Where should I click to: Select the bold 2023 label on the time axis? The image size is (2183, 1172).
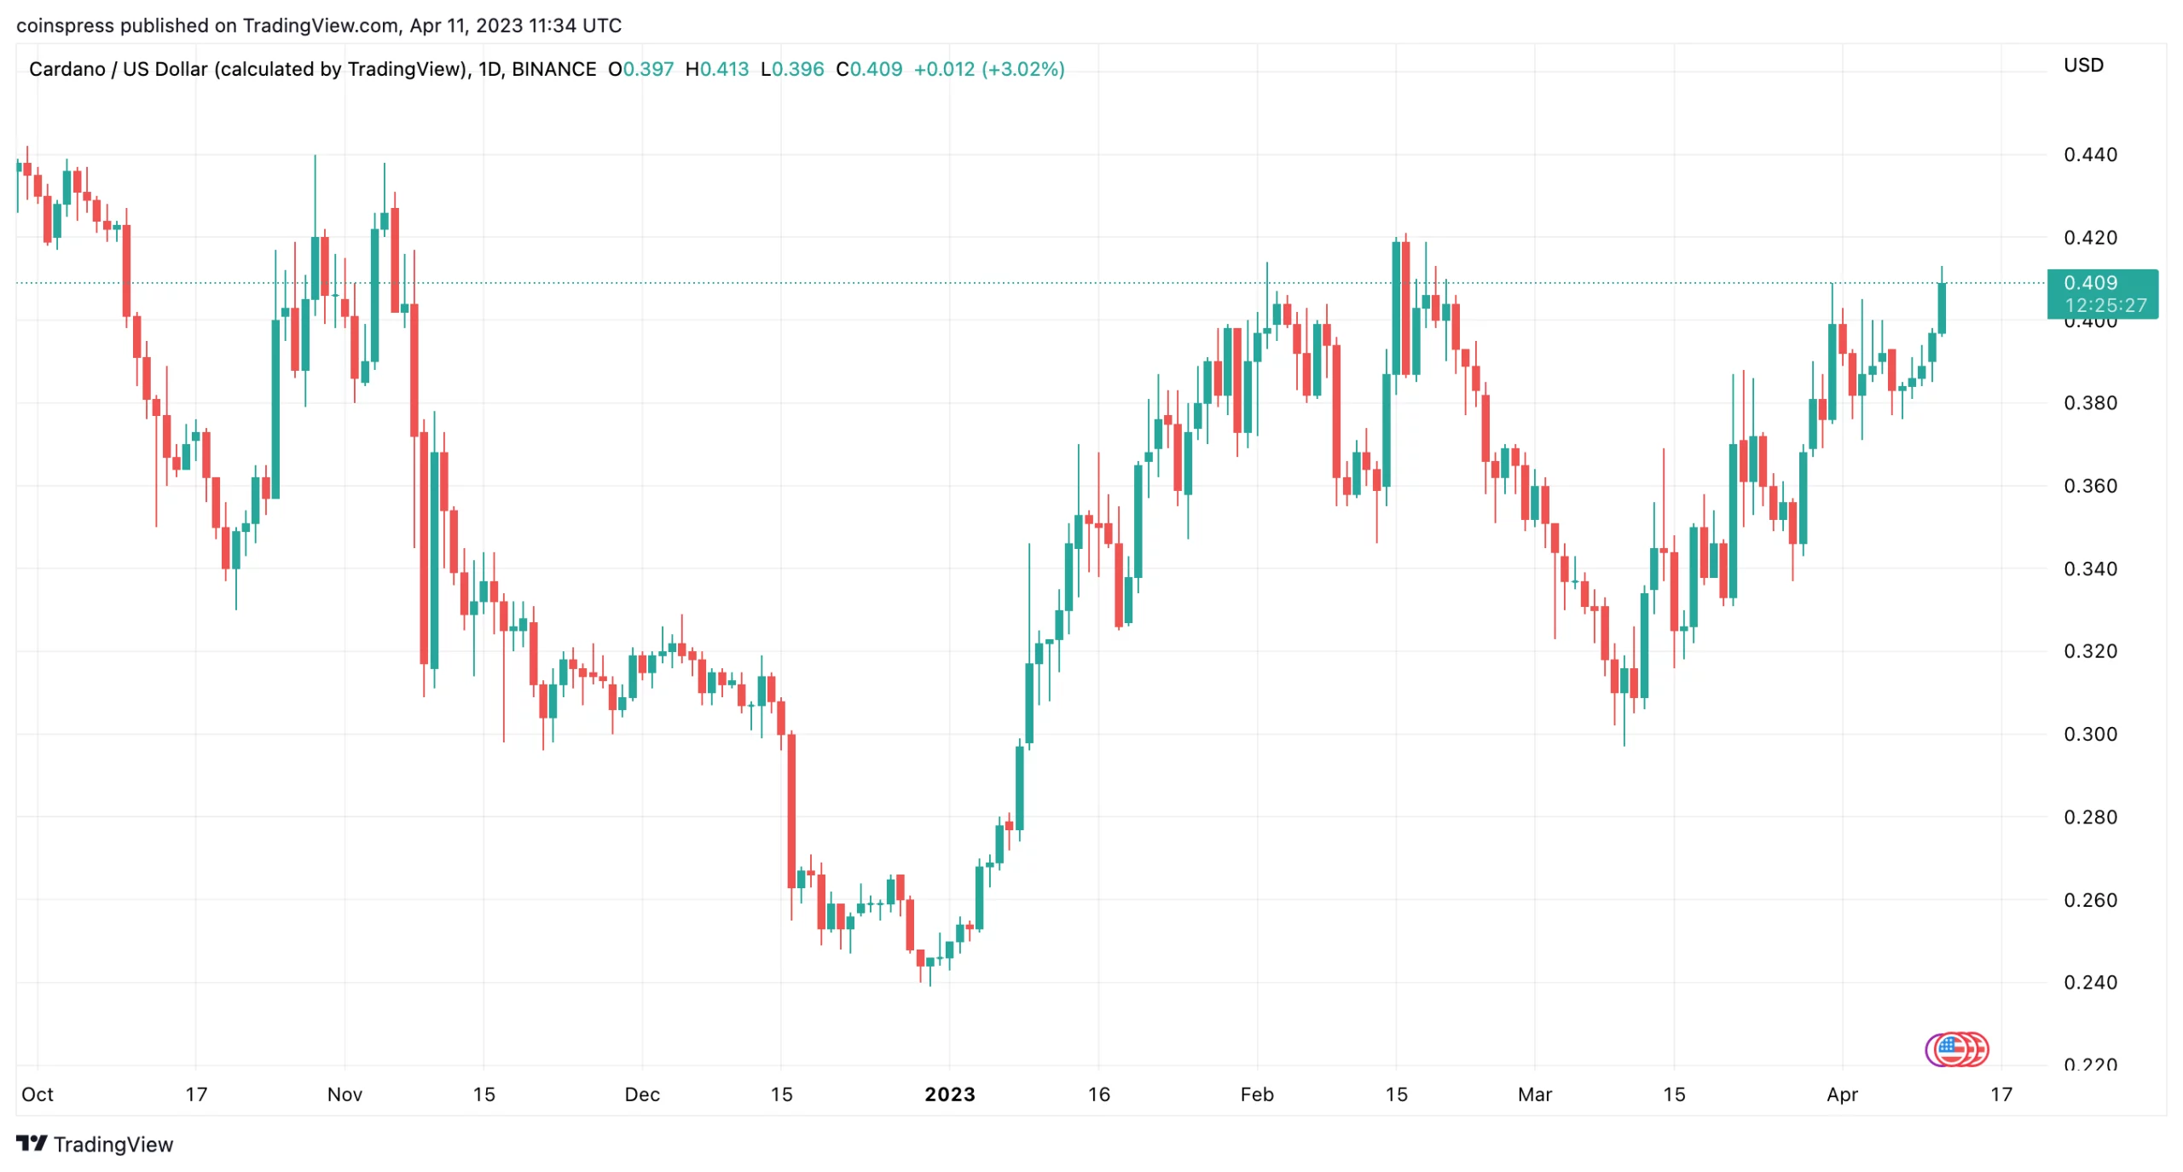pos(949,1094)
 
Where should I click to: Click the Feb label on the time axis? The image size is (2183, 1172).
pos(1256,1094)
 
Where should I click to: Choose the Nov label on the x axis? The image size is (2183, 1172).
pos(345,1094)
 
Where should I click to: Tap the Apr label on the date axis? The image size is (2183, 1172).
pos(1841,1094)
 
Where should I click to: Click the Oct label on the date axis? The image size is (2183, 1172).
pos(37,1094)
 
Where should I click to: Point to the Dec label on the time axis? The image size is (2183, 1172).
pos(641,1094)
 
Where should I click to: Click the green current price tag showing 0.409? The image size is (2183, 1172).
pos(2101,293)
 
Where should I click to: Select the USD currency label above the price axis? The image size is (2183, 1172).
pos(2082,66)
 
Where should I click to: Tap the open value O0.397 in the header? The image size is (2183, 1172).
pos(640,69)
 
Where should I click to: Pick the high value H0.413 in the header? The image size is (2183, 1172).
pos(717,69)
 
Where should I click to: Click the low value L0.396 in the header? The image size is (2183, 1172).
pos(792,69)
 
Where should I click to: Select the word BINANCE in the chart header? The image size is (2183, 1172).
pos(553,69)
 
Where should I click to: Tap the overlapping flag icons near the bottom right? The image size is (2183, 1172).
pos(1956,1049)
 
